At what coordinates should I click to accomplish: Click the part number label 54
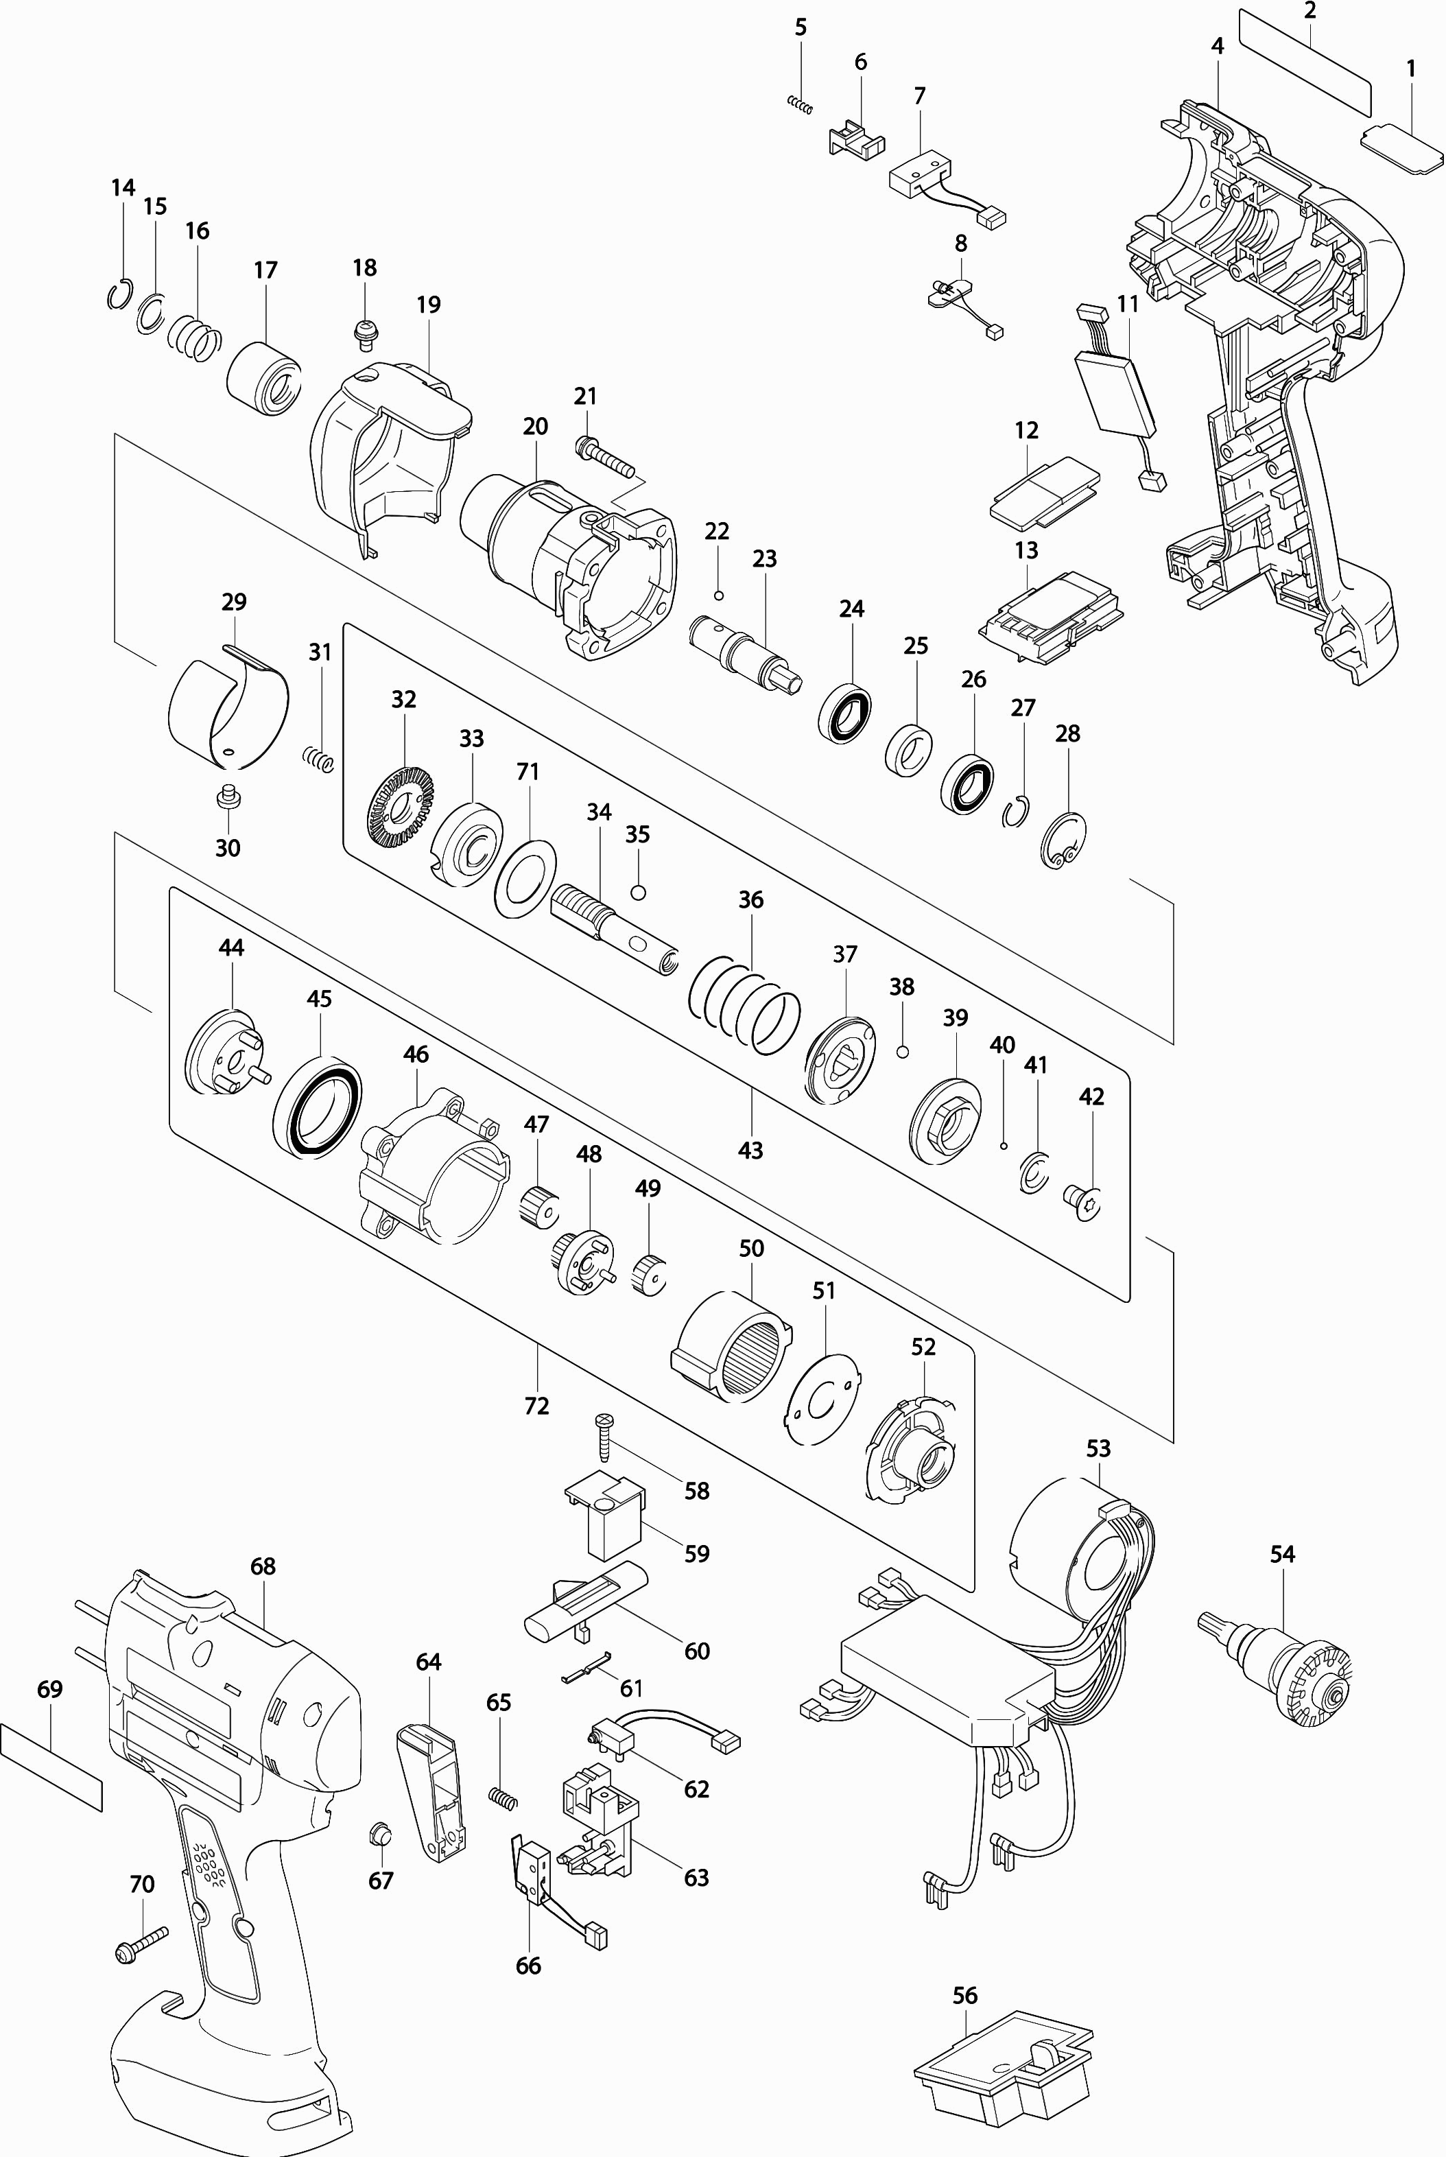1282,1554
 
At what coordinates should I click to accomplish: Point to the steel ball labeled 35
637,892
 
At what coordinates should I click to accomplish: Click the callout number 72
536,1406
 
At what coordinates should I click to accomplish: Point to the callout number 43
750,1149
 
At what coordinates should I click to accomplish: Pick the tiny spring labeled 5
801,105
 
